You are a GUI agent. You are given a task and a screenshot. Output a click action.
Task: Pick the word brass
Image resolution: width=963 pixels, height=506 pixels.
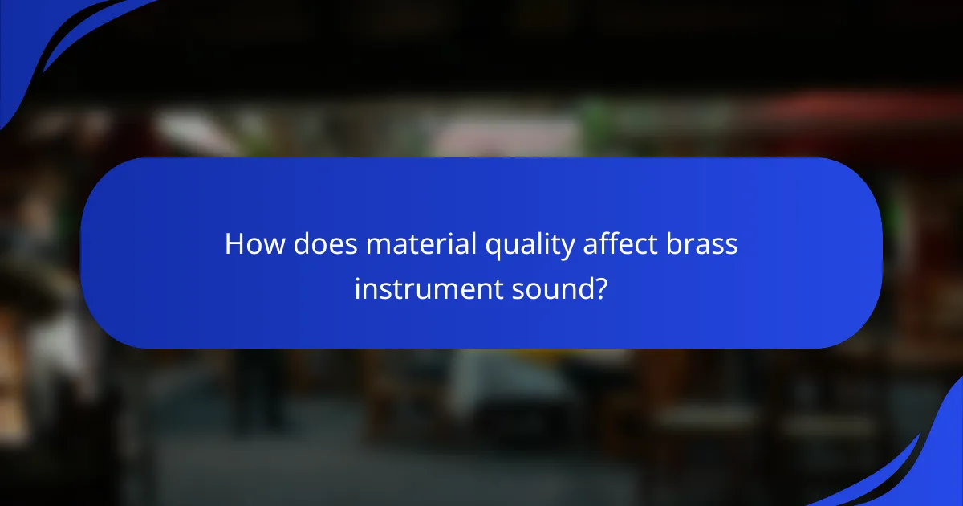click(x=701, y=244)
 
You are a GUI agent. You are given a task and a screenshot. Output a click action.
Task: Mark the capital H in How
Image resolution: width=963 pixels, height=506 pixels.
click(x=234, y=244)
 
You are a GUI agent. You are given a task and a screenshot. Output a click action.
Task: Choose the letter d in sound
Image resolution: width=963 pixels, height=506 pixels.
click(x=586, y=287)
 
